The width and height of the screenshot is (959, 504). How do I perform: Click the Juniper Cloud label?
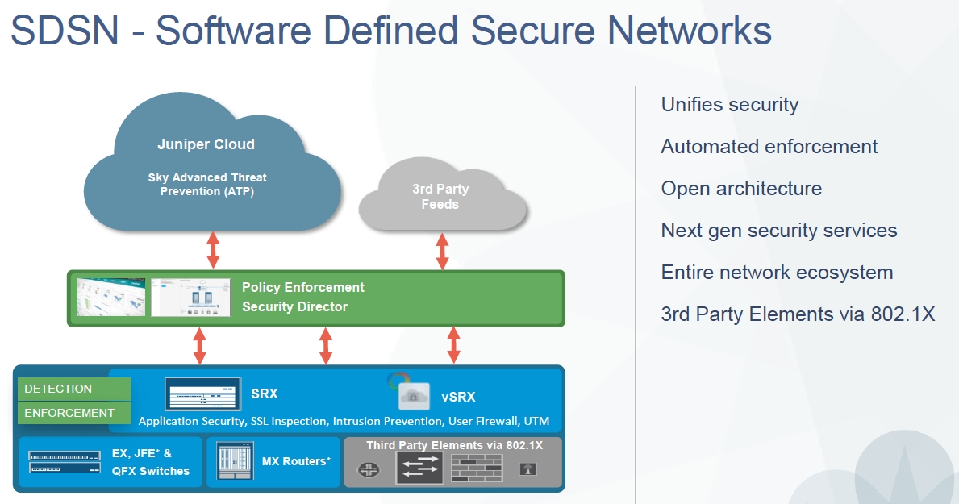pos(206,145)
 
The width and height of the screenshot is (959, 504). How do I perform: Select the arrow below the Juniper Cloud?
pos(213,249)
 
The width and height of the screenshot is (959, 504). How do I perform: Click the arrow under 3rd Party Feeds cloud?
pos(442,251)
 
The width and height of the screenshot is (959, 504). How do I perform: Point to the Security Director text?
pos(294,307)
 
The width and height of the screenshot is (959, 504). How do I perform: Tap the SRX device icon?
pos(202,395)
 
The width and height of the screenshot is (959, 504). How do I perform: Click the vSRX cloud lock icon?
pos(412,396)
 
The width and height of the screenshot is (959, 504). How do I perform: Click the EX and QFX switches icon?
pos(65,462)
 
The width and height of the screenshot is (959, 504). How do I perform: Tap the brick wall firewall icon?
pos(477,468)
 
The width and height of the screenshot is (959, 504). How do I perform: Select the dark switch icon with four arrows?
pos(419,467)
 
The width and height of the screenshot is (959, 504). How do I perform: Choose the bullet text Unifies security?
pos(729,105)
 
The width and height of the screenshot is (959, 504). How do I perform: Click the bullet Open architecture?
pos(741,189)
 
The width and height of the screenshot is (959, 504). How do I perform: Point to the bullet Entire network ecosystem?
pos(777,273)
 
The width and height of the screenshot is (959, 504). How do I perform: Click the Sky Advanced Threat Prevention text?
pos(207,184)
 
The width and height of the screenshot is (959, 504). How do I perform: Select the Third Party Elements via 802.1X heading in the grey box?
pos(455,445)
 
